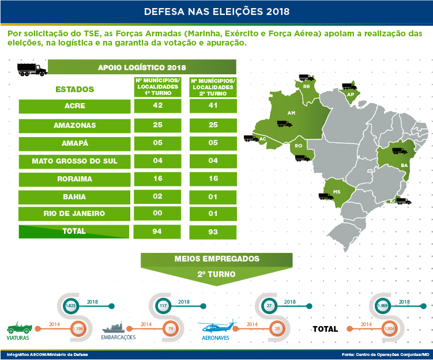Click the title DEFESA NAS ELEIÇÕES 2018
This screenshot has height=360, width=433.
click(x=216, y=11)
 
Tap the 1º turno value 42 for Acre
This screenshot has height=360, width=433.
click(x=158, y=105)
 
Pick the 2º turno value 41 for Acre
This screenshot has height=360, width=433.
click(x=213, y=105)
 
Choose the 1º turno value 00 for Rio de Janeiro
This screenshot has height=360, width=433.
click(x=158, y=214)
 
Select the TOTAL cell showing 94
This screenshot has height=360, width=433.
click(x=158, y=232)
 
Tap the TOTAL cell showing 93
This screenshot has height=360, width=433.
click(x=213, y=232)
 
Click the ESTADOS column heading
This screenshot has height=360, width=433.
click(x=74, y=89)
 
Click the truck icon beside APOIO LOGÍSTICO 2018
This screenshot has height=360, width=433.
click(x=32, y=69)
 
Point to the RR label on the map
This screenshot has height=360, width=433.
click(x=306, y=86)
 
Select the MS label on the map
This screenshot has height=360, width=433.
click(x=337, y=191)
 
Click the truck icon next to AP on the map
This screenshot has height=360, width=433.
click(x=349, y=85)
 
